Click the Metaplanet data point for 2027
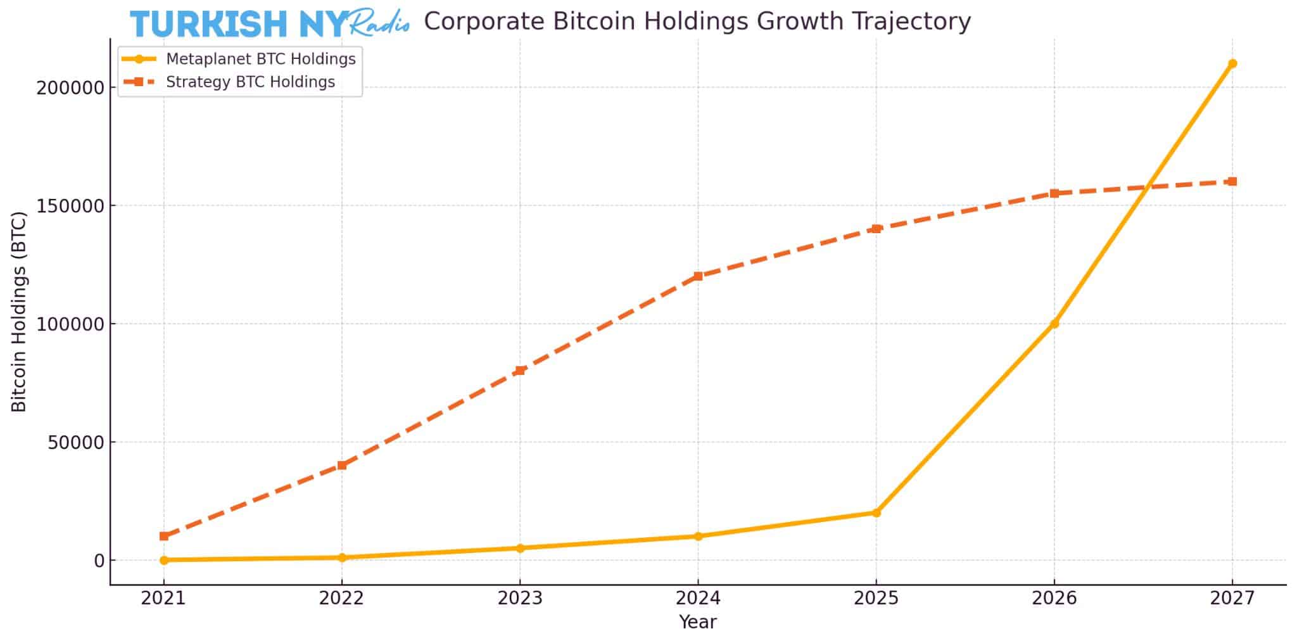[1232, 63]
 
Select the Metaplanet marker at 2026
[1054, 324]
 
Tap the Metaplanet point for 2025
[876, 512]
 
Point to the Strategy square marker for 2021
[164, 536]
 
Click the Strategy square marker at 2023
[520, 371]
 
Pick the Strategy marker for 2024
[698, 276]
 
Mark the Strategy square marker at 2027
[1232, 182]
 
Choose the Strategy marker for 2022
[342, 465]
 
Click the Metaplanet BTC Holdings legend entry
[260, 59]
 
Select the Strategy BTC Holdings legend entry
[250, 82]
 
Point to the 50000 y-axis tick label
[75, 442]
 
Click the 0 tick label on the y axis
[99, 561]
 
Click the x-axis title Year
[697, 622]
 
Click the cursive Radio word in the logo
[379, 23]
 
